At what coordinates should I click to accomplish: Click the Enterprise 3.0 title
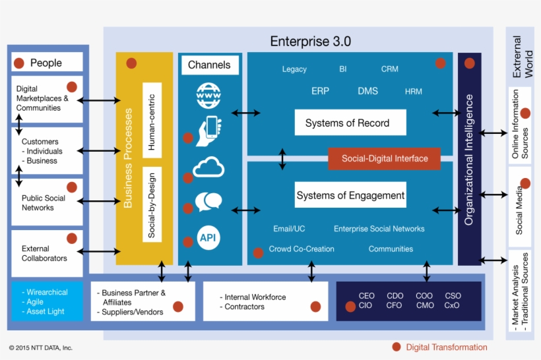[310, 42]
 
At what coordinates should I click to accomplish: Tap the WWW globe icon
[208, 96]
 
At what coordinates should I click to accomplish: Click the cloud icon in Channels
[208, 168]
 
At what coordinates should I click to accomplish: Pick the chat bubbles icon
[208, 202]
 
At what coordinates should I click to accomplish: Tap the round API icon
[208, 237]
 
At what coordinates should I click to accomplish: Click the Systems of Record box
[350, 123]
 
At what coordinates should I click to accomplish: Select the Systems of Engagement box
[350, 196]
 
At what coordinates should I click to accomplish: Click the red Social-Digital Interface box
[384, 159]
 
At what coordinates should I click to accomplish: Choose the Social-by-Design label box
[152, 204]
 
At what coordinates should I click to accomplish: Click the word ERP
[320, 91]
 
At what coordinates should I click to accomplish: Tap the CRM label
[389, 69]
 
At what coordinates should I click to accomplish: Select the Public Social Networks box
[47, 202]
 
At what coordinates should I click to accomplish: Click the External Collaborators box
[47, 253]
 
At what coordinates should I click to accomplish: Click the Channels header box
[209, 65]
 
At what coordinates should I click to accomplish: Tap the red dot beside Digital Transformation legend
[396, 347]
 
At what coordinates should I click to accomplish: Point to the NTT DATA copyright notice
[40, 347]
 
